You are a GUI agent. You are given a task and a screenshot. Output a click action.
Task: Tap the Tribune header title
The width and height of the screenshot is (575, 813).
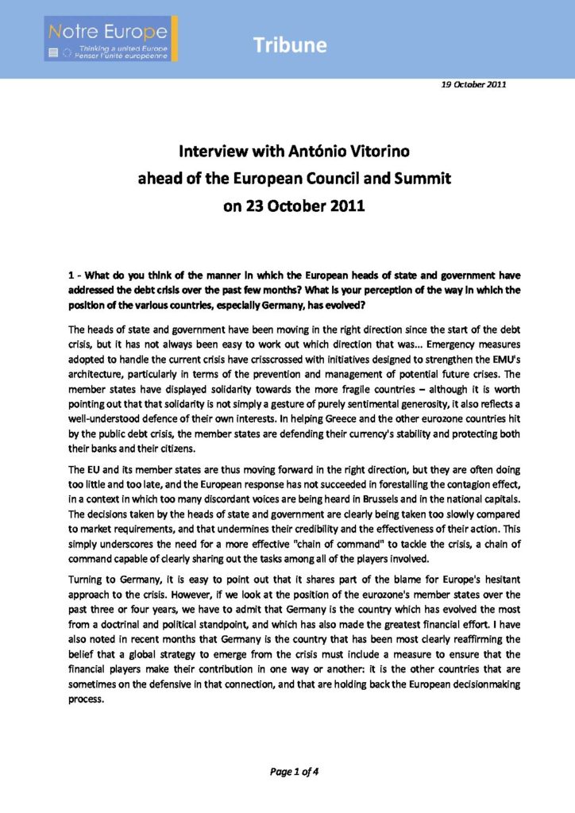pos(291,45)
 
